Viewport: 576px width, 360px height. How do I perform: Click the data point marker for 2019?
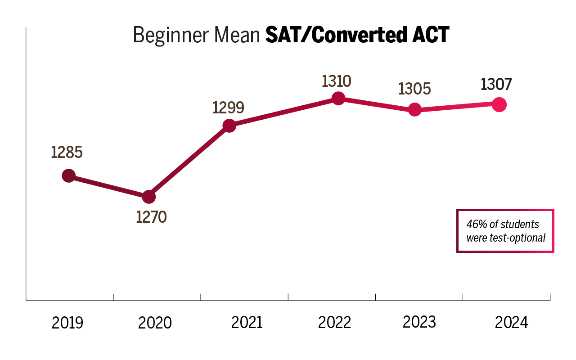coord(68,175)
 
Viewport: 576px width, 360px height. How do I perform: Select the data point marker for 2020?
coord(148,197)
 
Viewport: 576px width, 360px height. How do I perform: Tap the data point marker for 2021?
coord(229,126)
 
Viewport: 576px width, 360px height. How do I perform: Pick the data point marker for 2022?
coord(338,98)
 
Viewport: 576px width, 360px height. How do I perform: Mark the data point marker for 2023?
coord(415,109)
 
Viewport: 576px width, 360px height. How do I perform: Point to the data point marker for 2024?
coord(499,104)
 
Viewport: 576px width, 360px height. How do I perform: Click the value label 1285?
coord(67,153)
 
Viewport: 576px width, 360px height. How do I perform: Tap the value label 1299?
coord(228,107)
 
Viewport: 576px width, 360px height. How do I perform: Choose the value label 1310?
coord(336,81)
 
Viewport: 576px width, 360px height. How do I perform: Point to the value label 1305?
coord(414,89)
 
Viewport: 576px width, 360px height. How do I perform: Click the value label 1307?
coord(496,84)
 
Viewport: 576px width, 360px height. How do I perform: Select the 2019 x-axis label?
coord(67,323)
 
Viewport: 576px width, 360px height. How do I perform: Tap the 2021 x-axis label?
coord(247,323)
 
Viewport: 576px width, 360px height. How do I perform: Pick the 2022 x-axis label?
coord(334,323)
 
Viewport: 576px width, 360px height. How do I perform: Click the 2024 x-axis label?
coord(511,323)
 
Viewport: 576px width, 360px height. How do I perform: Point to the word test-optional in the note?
coord(517,238)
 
